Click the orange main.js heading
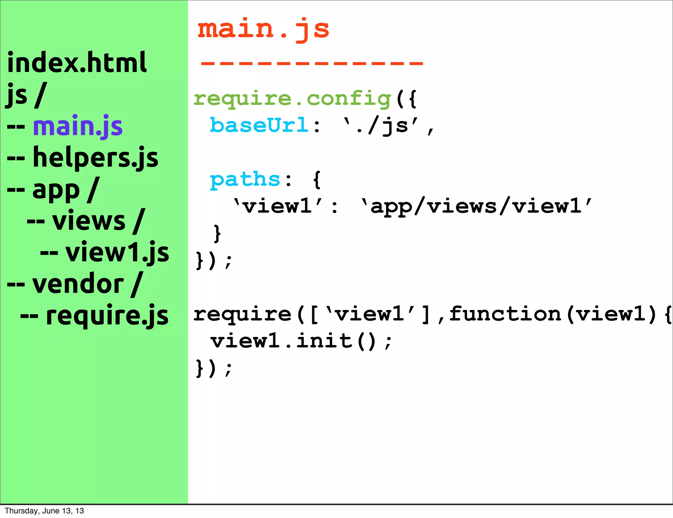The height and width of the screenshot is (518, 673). click(x=263, y=30)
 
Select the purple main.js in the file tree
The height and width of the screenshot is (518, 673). click(x=78, y=126)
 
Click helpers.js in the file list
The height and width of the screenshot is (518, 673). click(x=95, y=158)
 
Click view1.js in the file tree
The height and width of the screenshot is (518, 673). click(x=117, y=252)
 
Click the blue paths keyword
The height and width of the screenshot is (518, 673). click(x=245, y=179)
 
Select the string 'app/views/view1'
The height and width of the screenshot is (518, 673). click(x=476, y=206)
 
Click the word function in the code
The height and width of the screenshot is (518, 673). click(x=505, y=314)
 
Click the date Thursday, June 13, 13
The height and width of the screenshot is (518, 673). click(x=44, y=511)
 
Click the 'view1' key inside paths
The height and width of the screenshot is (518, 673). click(x=278, y=206)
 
